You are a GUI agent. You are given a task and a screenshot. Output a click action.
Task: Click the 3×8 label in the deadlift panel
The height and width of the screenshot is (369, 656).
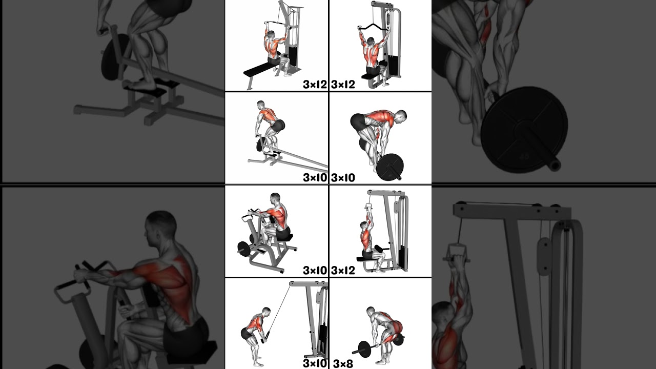pos(343,364)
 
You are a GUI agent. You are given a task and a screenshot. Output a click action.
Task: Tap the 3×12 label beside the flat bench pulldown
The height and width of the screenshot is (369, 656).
pos(315,85)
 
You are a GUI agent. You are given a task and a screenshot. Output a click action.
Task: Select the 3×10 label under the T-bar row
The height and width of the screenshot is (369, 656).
pos(315,177)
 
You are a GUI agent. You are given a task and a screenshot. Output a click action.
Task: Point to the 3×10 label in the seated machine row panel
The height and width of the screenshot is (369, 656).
pos(315,270)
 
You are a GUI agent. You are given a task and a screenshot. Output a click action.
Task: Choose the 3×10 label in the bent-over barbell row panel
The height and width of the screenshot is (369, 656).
pos(343,177)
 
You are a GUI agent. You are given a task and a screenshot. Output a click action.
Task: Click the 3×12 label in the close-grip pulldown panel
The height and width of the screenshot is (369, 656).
pos(343,270)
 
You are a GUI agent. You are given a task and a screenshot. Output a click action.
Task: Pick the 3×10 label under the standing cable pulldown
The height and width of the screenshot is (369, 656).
pos(315,363)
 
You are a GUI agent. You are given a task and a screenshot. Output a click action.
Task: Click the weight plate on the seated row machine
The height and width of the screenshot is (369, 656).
pos(243,249)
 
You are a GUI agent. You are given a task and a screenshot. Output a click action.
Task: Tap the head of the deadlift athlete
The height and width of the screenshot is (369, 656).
pos(371,311)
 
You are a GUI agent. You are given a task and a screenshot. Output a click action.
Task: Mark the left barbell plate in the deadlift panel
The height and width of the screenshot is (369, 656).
pos(364,349)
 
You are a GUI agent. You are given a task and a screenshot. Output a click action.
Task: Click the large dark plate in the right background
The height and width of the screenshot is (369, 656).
pos(524,129)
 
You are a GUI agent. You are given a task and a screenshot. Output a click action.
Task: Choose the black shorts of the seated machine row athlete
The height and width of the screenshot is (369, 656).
pos(282,233)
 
